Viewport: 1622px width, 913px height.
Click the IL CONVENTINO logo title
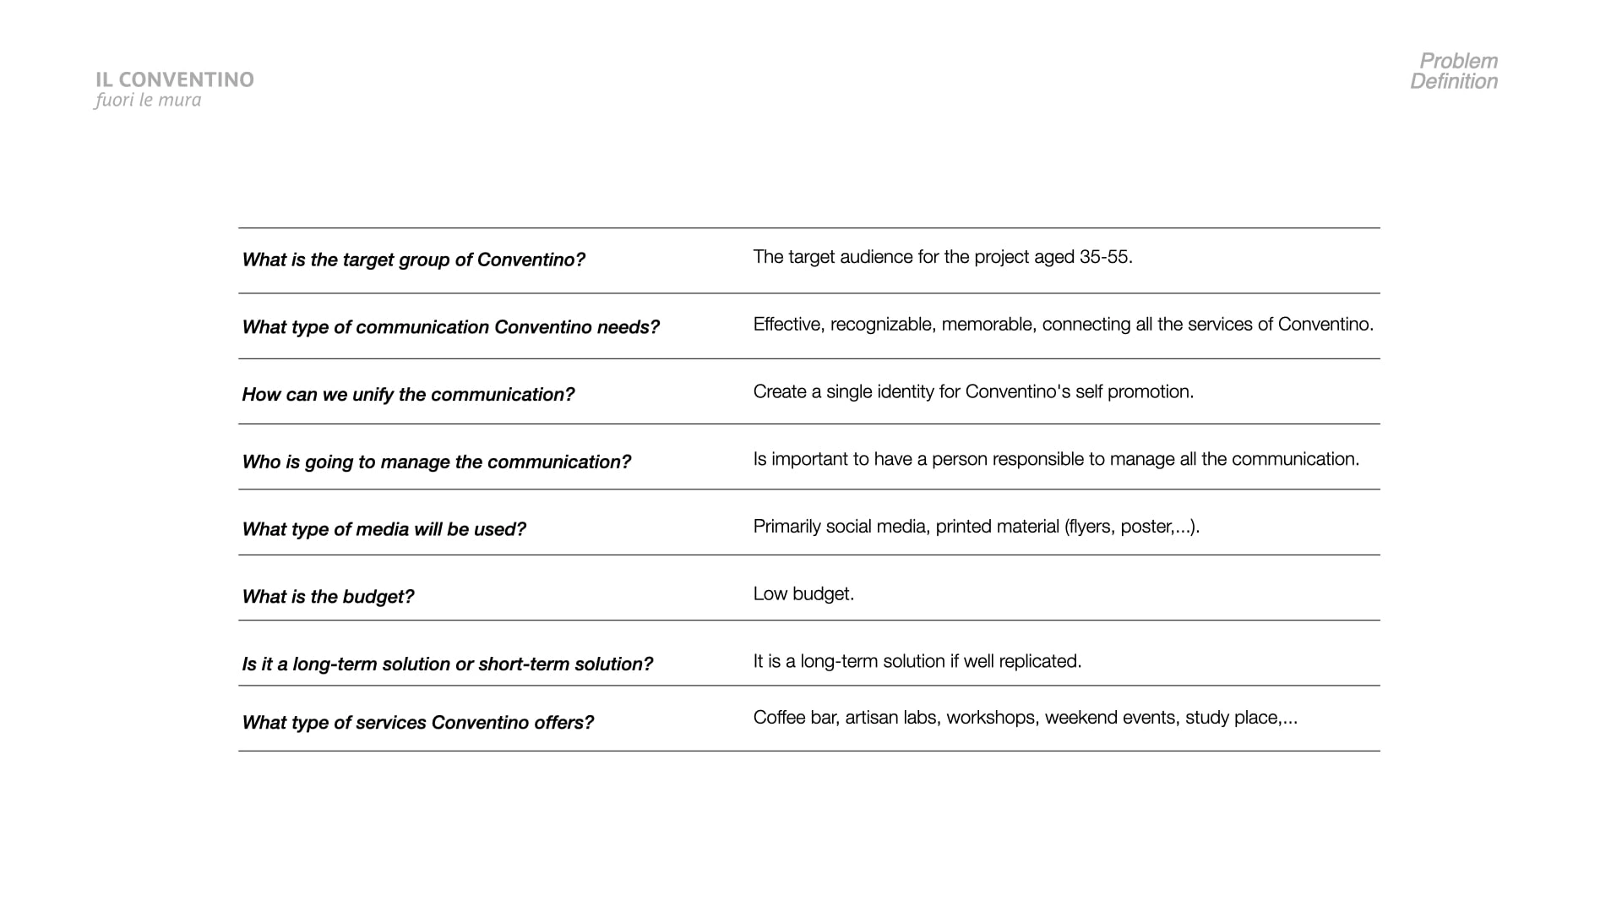(175, 79)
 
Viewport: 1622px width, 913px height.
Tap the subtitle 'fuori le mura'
(148, 100)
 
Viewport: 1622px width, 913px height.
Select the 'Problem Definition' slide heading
(1454, 71)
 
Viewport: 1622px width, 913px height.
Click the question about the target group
(413, 260)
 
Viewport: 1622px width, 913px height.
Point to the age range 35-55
(1105, 257)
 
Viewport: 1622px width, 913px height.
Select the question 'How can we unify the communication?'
(408, 395)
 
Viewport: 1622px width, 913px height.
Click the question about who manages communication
(436, 462)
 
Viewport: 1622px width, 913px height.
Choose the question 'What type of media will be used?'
(384, 529)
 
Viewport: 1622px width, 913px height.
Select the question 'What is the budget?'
(328, 597)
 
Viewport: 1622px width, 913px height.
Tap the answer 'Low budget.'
(803, 594)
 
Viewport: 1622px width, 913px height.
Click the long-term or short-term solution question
(447, 664)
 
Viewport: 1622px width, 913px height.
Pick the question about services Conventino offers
(417, 723)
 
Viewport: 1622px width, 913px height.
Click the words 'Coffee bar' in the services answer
(794, 718)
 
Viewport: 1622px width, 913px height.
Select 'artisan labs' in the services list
(890, 718)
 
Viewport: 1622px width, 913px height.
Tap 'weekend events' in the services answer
(1109, 718)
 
